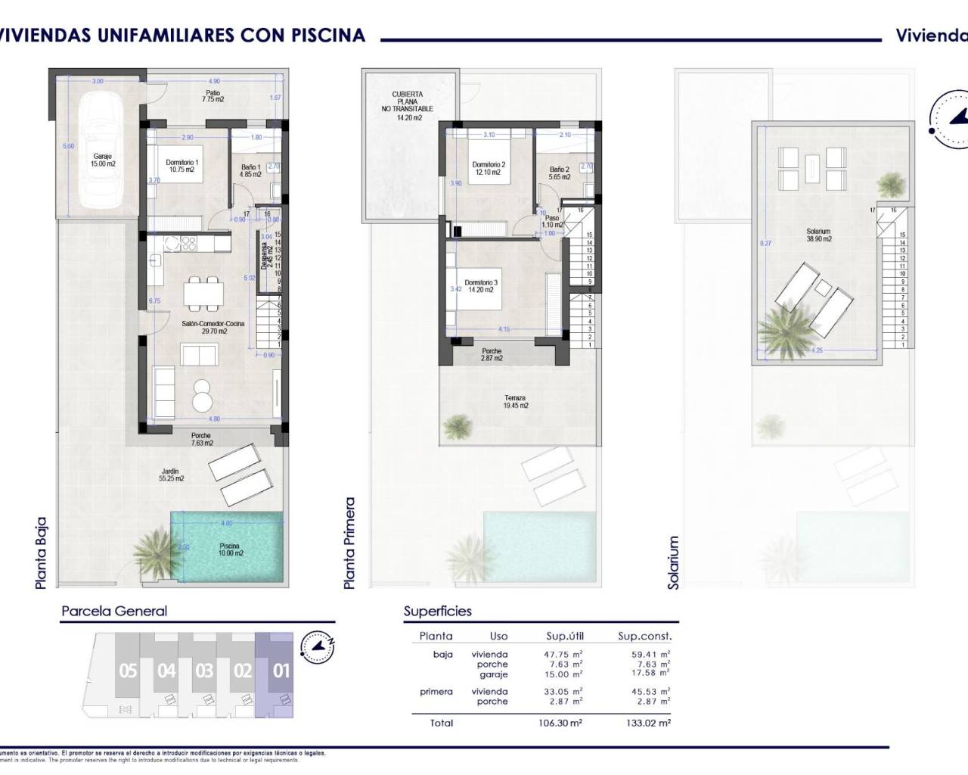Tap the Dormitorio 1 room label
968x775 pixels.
point(182,166)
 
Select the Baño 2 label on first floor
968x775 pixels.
point(559,173)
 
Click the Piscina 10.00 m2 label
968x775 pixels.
point(230,549)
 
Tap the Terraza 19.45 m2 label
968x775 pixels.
point(515,402)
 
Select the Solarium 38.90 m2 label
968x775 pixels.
point(818,235)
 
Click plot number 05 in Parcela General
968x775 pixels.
point(128,671)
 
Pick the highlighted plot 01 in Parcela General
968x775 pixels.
point(281,671)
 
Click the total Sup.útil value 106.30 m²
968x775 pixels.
point(563,723)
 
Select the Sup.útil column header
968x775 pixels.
point(565,636)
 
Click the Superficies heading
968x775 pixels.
point(437,612)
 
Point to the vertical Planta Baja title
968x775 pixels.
point(41,552)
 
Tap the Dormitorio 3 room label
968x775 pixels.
point(481,286)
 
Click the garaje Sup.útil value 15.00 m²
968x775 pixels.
point(563,674)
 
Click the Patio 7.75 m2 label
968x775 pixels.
point(213,95)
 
